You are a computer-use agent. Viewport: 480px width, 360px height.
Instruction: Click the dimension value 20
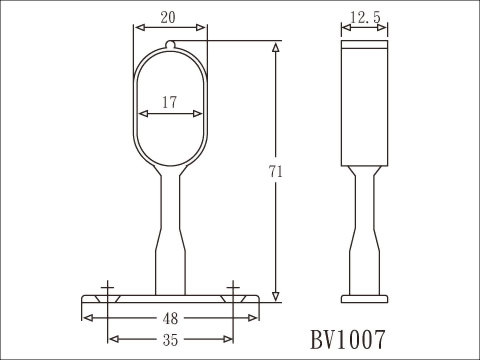(168, 18)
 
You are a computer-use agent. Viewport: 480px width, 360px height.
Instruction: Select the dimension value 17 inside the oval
(169, 102)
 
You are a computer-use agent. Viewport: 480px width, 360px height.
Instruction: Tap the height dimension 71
(275, 172)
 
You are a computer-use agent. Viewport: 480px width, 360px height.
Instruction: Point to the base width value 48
(170, 319)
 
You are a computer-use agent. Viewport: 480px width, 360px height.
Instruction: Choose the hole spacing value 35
(170, 340)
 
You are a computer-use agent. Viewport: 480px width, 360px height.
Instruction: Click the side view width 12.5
(365, 17)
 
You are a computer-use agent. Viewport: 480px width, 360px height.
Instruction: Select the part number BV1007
(348, 340)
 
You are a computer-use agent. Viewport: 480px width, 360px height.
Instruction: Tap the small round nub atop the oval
(170, 44)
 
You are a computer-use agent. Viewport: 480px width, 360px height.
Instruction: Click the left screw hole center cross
(107, 287)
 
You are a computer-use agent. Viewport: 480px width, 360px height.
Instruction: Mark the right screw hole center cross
(233, 287)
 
